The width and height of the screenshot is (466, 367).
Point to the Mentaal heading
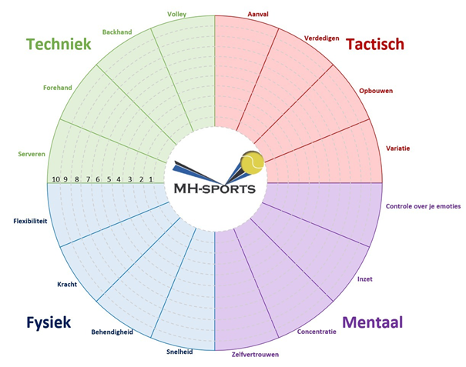point(374,322)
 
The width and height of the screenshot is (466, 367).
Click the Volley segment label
point(176,14)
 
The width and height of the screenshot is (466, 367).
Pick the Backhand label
point(117,32)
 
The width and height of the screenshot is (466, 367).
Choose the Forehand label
point(57,88)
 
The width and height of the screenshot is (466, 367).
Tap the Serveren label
point(32,154)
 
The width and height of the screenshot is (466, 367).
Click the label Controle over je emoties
point(423,206)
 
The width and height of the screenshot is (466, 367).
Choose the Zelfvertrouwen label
point(255,355)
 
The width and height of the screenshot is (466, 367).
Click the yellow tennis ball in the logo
point(253,162)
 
